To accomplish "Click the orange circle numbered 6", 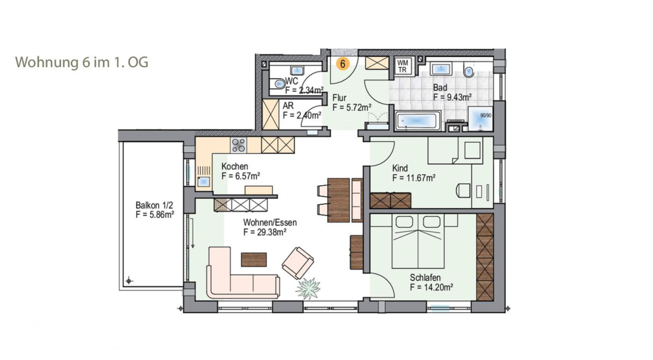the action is coord(342,64).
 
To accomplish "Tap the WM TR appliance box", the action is coord(403,66).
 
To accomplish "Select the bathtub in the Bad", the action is coord(418,122).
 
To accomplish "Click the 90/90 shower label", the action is coord(486,115).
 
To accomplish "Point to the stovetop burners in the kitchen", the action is coord(238,145).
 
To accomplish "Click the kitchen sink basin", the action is coord(204,181).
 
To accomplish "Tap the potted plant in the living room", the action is coord(309,288).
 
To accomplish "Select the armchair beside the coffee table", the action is coord(297,263).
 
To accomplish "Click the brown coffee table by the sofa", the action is coord(254,260).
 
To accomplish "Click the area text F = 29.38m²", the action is coord(265,232).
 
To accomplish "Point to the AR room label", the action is coord(288,106).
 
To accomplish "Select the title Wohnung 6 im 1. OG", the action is coord(82,62).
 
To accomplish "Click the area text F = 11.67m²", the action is coord(414,178).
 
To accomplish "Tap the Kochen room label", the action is coord(235,167).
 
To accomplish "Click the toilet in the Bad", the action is coord(469,71).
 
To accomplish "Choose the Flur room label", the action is coord(339,98).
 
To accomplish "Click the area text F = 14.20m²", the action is coord(432,287).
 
